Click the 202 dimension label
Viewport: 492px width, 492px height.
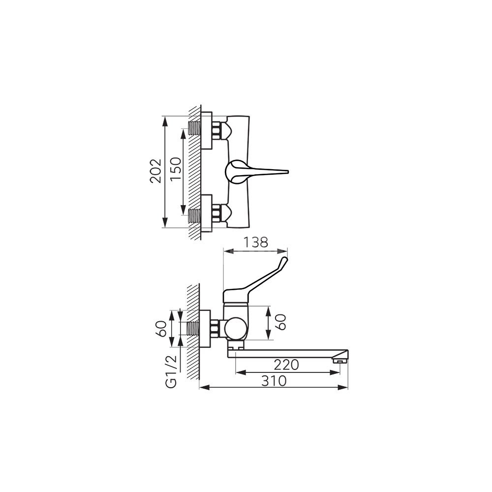pyautogui.click(x=155, y=171)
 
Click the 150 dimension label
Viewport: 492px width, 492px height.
pyautogui.click(x=176, y=168)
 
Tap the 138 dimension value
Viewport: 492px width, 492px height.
pyautogui.click(x=256, y=242)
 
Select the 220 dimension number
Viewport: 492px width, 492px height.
pyautogui.click(x=286, y=365)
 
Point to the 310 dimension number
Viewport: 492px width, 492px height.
pyautogui.click(x=275, y=381)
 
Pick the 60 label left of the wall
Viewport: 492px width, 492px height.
pyautogui.click(x=161, y=329)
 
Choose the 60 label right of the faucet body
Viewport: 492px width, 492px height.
pyautogui.click(x=281, y=322)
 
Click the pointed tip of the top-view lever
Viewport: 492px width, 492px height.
pyautogui.click(x=288, y=172)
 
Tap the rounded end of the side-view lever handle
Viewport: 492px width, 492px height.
pyautogui.click(x=284, y=260)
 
